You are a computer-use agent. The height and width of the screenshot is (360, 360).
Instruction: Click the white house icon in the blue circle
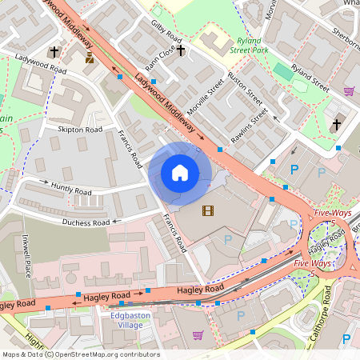click(x=180, y=173)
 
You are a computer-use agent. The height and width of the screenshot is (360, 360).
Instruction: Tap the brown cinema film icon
click(x=209, y=210)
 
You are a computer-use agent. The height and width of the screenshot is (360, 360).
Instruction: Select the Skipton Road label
click(x=79, y=129)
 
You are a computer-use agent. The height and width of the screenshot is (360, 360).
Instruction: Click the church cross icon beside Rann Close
click(x=181, y=51)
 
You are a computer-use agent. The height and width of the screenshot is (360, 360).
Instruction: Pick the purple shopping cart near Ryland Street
click(x=349, y=91)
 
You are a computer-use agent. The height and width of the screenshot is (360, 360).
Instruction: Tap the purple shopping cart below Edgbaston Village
click(x=198, y=334)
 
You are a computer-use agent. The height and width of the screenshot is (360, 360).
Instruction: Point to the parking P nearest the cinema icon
click(x=228, y=239)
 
